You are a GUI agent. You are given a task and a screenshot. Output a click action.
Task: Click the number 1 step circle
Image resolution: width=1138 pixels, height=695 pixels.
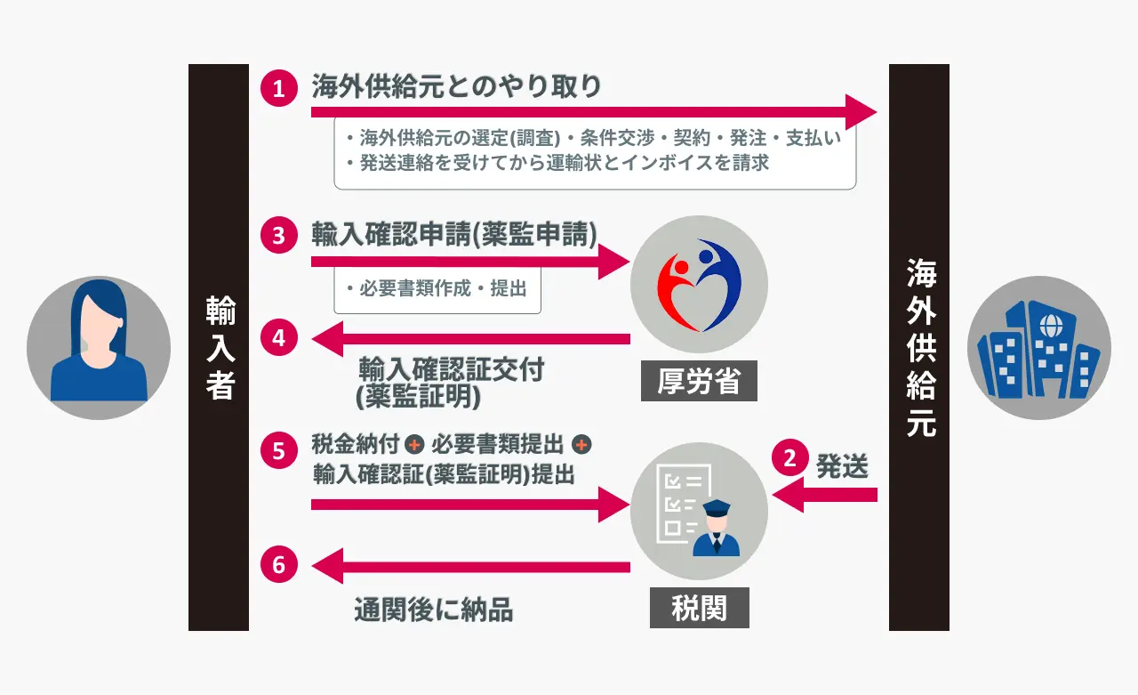pyautogui.click(x=278, y=89)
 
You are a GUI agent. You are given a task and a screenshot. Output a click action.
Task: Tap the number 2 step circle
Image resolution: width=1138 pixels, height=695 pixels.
pyautogui.click(x=789, y=457)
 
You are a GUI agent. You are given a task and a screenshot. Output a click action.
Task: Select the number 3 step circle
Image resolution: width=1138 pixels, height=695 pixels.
pyautogui.click(x=278, y=236)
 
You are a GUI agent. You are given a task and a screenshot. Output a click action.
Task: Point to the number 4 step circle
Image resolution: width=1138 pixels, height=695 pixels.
pyautogui.click(x=278, y=338)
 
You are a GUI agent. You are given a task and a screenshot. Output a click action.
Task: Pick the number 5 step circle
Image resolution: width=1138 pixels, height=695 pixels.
pyautogui.click(x=278, y=451)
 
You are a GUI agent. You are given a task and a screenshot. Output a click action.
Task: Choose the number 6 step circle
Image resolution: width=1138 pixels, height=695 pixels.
pyautogui.click(x=278, y=565)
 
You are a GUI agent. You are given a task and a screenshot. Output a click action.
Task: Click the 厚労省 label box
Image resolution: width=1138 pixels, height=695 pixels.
pyautogui.click(x=699, y=383)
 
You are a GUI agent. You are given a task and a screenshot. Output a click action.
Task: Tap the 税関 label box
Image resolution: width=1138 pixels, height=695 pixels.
pyautogui.click(x=699, y=610)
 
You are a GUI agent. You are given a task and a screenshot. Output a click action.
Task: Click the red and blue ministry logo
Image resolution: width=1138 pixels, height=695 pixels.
pyautogui.click(x=699, y=284)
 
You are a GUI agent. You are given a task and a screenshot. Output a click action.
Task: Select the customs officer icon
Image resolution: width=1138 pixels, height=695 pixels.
pyautogui.click(x=699, y=512)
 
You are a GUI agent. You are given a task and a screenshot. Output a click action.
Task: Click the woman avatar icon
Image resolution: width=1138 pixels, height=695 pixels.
pyautogui.click(x=99, y=348)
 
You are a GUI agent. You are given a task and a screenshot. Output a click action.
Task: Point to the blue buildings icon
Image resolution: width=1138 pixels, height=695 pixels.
pyautogui.click(x=1038, y=348)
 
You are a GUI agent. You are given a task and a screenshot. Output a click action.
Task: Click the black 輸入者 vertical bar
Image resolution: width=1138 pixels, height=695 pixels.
pyautogui.click(x=219, y=347)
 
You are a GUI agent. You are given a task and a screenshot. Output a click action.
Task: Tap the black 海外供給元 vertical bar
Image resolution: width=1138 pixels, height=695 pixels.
pyautogui.click(x=919, y=347)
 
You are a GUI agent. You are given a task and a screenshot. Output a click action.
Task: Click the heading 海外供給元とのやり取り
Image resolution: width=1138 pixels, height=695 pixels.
pyautogui.click(x=456, y=86)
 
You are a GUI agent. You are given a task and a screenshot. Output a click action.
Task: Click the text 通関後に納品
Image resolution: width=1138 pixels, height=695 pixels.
pyautogui.click(x=434, y=610)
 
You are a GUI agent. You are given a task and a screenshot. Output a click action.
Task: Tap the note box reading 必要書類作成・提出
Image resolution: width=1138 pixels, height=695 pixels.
pyautogui.click(x=437, y=289)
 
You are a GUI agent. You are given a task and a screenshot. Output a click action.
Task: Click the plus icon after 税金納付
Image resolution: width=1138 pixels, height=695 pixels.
pyautogui.click(x=413, y=444)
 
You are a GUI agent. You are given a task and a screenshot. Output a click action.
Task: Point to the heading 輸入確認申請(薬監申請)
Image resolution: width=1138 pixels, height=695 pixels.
pyautogui.click(x=454, y=233)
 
